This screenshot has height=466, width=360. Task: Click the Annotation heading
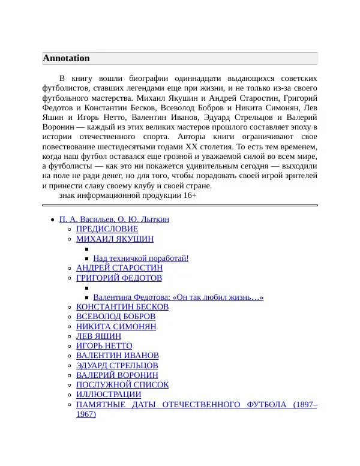coord(66,58)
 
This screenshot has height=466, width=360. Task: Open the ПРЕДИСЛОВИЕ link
coord(107,229)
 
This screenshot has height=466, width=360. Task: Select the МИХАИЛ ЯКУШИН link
coord(115,239)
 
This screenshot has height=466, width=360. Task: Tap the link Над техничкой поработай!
coord(141,258)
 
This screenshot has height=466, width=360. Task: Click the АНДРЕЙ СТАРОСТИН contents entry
coord(119,268)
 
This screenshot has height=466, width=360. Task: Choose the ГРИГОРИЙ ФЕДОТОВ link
coord(119,278)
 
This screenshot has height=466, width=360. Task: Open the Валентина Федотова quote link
coord(178,297)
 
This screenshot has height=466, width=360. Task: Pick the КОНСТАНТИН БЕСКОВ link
coord(122,307)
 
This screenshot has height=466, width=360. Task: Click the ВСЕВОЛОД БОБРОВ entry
coord(116,317)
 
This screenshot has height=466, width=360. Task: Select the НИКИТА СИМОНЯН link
coord(116,326)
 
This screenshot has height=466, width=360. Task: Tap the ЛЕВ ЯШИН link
coord(98,336)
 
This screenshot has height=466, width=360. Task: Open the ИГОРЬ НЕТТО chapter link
coord(104,346)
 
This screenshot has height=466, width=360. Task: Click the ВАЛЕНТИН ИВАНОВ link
coord(118,356)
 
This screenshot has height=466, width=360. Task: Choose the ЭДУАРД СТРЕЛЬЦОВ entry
coord(117,365)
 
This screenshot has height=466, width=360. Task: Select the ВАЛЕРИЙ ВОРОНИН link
coord(117,375)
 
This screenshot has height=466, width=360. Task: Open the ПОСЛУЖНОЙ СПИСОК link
coord(122,385)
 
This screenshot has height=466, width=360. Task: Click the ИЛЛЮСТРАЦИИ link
coord(109,395)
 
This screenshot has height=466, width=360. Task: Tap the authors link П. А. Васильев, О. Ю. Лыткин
coord(114,220)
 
